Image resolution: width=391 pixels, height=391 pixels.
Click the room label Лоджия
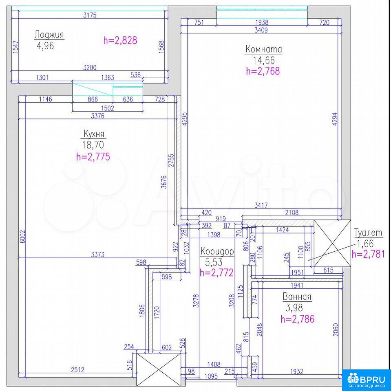[x=49, y=35]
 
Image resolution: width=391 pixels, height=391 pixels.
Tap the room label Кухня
[x=94, y=134]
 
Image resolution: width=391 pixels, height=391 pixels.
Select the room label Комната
[x=264, y=49]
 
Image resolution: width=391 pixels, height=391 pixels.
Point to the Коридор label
[x=217, y=251]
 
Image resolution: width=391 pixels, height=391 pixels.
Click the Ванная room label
[x=297, y=297]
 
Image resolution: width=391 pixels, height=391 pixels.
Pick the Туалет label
[x=368, y=233]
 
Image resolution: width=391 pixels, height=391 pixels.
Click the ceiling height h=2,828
[x=120, y=40]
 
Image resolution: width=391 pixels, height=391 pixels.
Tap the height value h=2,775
[x=93, y=156]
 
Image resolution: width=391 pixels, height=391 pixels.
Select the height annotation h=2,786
[x=297, y=319]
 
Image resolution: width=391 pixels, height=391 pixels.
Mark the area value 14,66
[x=264, y=60]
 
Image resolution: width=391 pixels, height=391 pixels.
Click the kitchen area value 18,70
[x=93, y=145]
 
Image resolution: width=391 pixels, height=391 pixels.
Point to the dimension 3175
[x=90, y=15]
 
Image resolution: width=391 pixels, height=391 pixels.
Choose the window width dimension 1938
[x=262, y=22]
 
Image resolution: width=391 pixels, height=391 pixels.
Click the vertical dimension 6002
[x=22, y=237]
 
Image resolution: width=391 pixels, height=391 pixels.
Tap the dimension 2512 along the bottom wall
[x=77, y=369]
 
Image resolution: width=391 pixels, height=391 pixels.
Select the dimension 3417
[x=261, y=205]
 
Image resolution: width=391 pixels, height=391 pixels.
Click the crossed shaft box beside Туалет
[x=332, y=244]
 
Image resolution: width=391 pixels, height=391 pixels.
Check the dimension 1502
[x=108, y=108]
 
